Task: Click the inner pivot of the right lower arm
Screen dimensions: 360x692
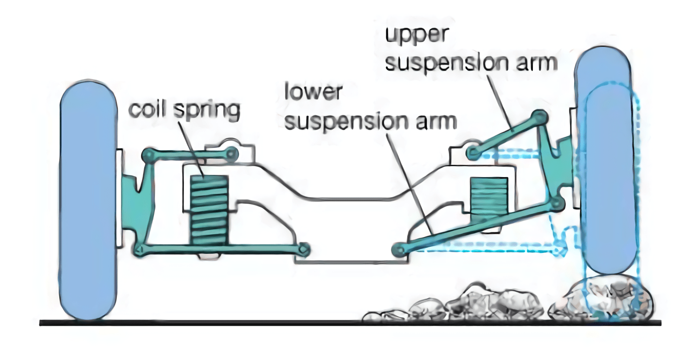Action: click(398, 250)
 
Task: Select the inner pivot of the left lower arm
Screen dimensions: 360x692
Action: click(304, 249)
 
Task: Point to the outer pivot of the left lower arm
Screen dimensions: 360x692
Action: click(139, 249)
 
